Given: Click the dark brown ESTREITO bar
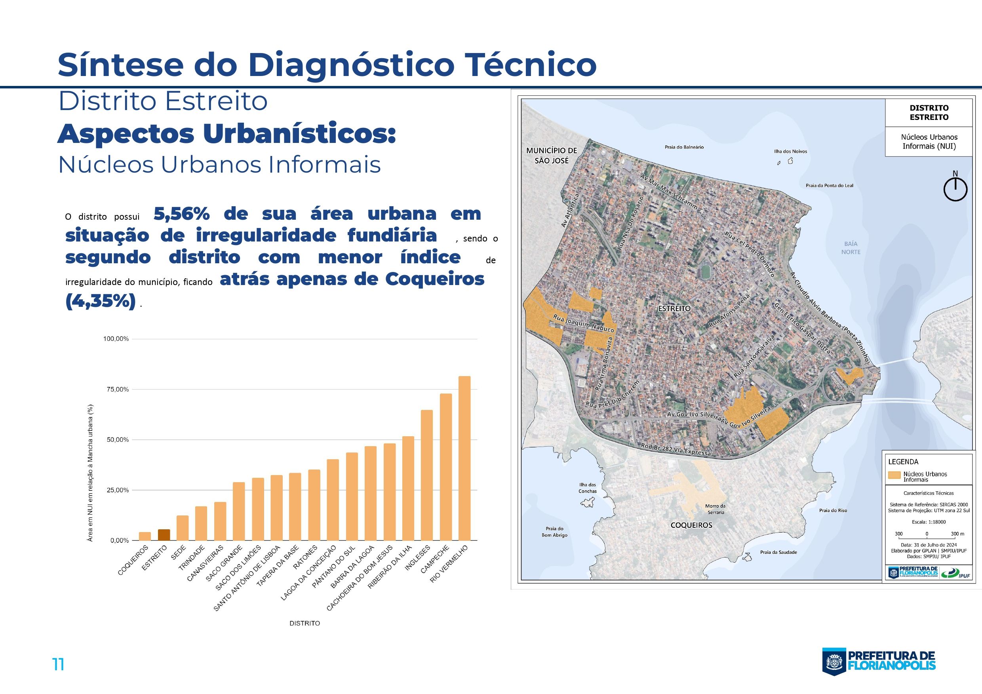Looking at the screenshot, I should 164,535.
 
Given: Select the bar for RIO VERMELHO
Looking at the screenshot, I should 464,458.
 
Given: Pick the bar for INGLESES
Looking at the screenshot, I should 427,475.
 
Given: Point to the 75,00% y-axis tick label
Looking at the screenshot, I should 116,390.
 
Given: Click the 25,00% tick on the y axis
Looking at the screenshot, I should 116,490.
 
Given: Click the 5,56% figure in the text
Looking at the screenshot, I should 181,214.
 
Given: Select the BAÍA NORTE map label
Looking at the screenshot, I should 851,247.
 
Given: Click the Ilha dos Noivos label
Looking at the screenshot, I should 790,151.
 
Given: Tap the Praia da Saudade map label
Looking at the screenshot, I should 778,552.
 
